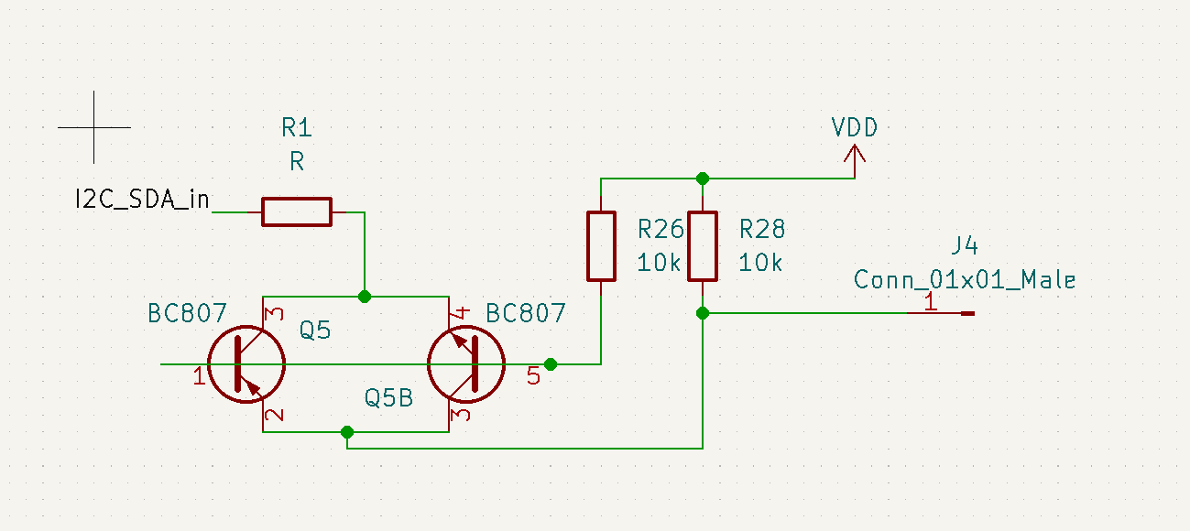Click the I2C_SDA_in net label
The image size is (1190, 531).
(142, 199)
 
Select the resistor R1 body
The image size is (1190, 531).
(297, 211)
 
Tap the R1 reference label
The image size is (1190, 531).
(297, 127)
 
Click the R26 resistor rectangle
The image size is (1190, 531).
(601, 245)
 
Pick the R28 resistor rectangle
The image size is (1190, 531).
(703, 245)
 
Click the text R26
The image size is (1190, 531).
(660, 228)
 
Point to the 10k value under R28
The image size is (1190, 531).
(760, 263)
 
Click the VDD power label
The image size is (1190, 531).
(854, 127)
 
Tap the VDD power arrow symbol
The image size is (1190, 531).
(855, 162)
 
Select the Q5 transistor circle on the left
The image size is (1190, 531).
(246, 363)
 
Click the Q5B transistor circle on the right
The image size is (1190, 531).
(466, 363)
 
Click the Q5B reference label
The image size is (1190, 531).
(388, 397)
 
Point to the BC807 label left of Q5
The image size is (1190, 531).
(187, 313)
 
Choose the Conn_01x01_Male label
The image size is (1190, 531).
(965, 279)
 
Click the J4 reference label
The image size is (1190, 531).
(965, 245)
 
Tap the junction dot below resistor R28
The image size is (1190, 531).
(703, 313)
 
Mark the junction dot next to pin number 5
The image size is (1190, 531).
(550, 364)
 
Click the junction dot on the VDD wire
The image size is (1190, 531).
(703, 178)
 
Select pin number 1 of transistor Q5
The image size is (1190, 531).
(198, 375)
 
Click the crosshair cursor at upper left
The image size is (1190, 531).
(93, 127)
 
